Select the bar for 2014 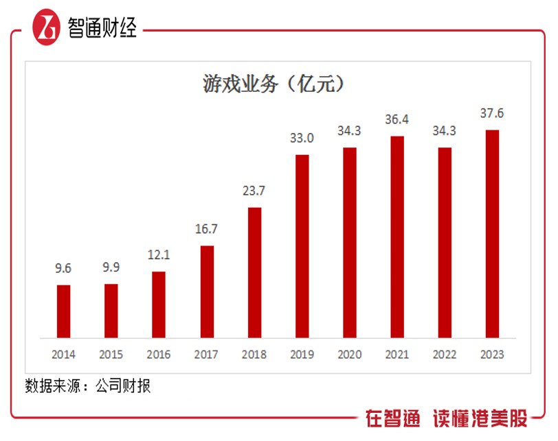pos(63,311)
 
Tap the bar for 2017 pos(207,291)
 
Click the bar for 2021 pos(397,237)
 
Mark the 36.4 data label pos(397,120)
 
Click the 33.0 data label pos(302,139)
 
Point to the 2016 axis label pos(159,355)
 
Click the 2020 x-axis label pos(350,355)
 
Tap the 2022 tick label pos(445,355)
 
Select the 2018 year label pos(254,355)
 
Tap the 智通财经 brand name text pos(103,27)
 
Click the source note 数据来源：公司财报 pos(87,386)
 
